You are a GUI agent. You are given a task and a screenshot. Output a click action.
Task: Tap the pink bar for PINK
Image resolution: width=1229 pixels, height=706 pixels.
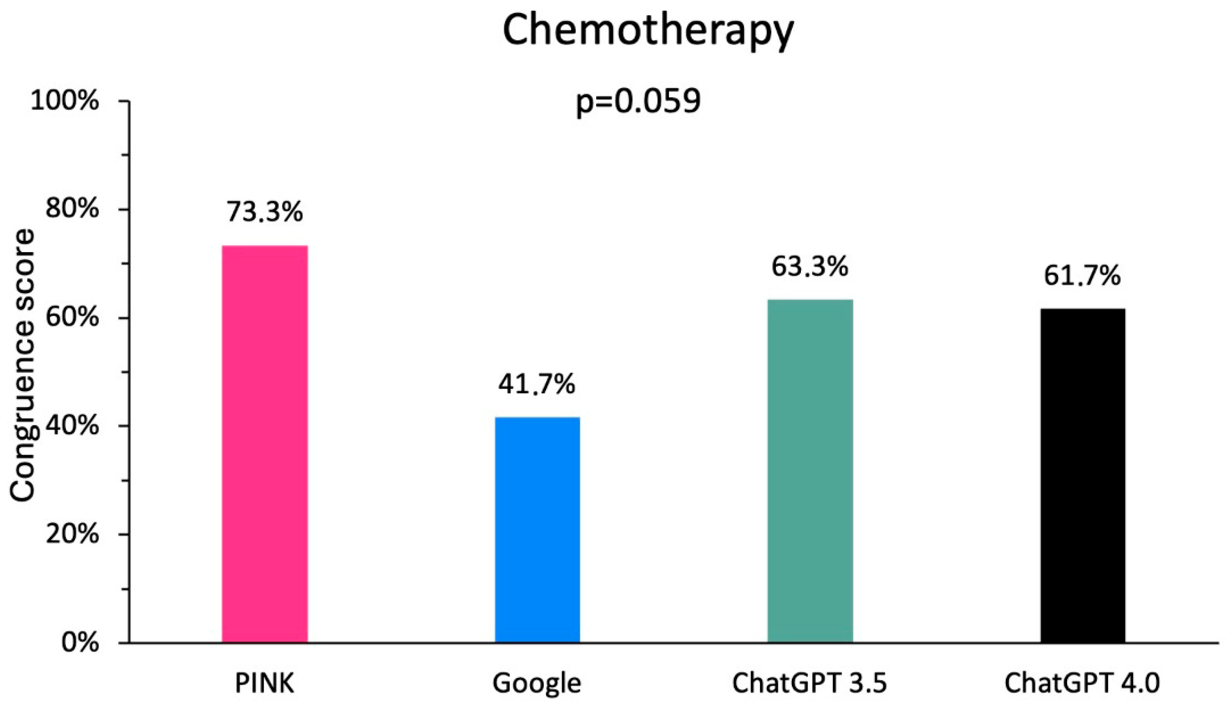(264, 444)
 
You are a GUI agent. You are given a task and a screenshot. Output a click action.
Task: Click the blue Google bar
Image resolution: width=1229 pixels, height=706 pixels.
(537, 529)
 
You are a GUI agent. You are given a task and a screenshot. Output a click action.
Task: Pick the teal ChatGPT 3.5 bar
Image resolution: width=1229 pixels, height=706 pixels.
(810, 471)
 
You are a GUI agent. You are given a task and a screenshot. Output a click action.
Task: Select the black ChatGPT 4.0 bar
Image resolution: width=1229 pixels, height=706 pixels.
(1083, 475)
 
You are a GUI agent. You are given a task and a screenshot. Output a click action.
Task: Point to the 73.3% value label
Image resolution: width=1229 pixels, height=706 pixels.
(264, 212)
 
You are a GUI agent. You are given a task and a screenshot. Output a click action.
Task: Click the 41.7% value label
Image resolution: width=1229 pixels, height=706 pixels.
(537, 384)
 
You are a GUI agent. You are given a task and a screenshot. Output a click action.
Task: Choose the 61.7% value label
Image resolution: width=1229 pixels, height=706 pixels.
(1082, 276)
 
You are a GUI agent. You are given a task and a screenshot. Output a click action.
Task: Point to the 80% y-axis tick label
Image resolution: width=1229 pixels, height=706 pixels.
(72, 210)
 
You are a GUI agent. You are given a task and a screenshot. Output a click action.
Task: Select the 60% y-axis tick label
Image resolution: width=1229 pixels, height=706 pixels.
(72, 318)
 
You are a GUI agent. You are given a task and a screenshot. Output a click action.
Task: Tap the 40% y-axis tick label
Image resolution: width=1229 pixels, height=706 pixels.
(72, 426)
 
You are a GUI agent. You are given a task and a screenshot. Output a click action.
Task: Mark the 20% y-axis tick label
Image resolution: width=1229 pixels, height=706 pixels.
(72, 535)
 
